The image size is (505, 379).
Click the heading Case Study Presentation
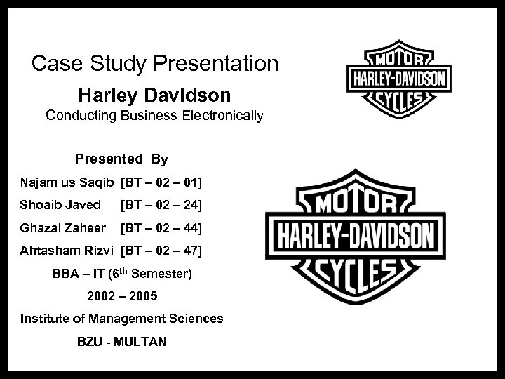[x=155, y=64]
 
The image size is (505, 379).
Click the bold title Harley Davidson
[x=154, y=93]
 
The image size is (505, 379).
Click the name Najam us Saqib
[x=67, y=183]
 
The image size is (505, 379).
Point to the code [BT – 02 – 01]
[x=161, y=183]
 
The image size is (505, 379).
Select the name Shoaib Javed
[x=60, y=206]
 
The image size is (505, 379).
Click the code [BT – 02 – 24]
[x=161, y=206]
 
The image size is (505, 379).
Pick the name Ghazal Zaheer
[x=63, y=228]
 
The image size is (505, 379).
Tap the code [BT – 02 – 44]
[x=161, y=228]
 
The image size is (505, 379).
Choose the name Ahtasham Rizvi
[x=67, y=251]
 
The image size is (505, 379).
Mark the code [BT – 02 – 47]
[x=161, y=251]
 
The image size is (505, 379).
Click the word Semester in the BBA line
[x=166, y=274]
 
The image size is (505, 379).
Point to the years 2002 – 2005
[x=122, y=296]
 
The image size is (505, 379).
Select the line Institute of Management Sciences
[x=122, y=319]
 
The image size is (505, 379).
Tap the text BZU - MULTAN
[x=122, y=342]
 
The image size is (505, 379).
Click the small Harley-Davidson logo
[x=398, y=78]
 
